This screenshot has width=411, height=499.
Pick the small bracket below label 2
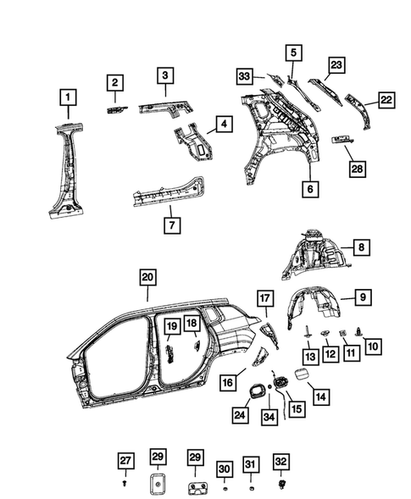(115, 109)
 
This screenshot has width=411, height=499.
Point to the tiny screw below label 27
(125, 485)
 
